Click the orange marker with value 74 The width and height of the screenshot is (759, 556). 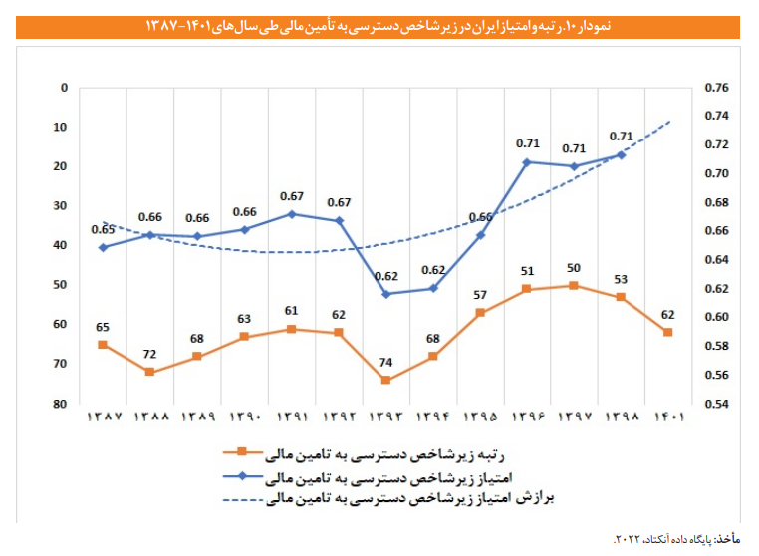(x=385, y=380)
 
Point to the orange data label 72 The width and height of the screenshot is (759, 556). (x=149, y=355)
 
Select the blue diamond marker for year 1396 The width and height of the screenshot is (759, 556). (x=527, y=161)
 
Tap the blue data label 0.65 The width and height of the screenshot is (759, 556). (x=103, y=229)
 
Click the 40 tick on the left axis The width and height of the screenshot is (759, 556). (x=62, y=245)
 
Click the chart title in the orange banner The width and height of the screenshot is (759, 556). (x=379, y=22)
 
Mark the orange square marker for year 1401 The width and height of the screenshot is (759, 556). (x=668, y=332)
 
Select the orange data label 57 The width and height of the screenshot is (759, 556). (x=480, y=296)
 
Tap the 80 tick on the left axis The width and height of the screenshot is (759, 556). (x=62, y=404)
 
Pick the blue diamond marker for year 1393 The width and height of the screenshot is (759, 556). (x=385, y=294)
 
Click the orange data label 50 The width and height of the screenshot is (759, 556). (x=574, y=268)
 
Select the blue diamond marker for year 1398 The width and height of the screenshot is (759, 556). (x=621, y=155)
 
